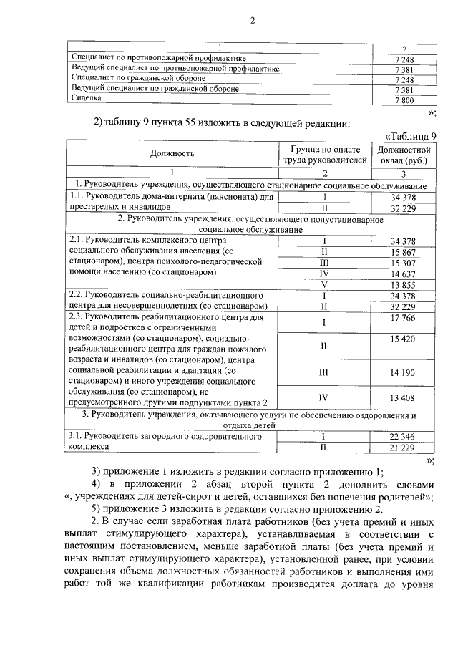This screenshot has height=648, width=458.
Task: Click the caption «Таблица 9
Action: [x=410, y=136]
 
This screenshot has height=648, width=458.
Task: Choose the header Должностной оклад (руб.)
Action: [x=403, y=155]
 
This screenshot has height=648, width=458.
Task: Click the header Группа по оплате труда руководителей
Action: [x=323, y=155]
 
